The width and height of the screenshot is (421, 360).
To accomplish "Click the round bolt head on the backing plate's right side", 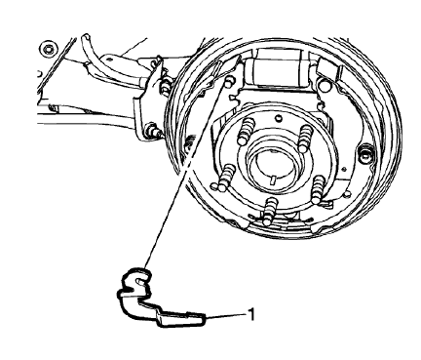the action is [x=366, y=153].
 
